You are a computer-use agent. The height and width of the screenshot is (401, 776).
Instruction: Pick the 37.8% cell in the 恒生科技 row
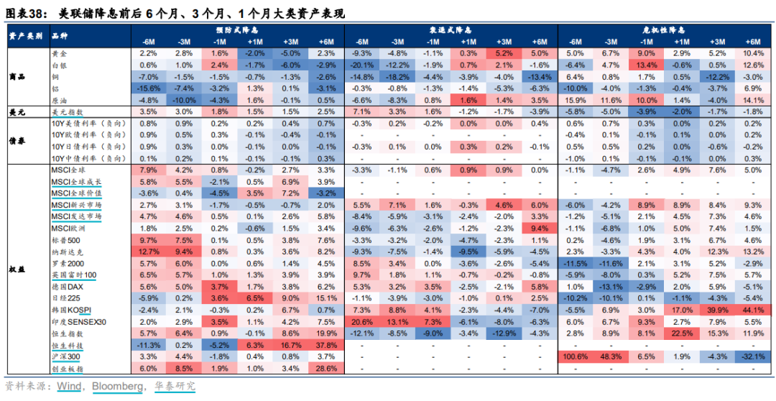(325, 345)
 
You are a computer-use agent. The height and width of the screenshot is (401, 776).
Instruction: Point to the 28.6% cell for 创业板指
(325, 368)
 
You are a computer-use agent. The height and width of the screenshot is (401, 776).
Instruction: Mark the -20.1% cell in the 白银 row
(362, 65)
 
